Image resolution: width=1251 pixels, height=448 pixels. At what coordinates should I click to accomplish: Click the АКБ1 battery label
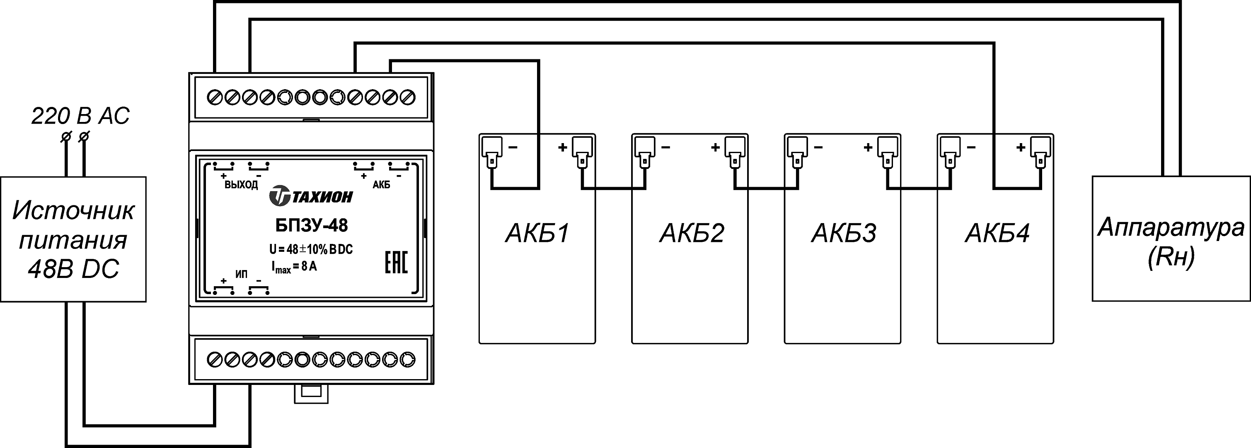point(537,233)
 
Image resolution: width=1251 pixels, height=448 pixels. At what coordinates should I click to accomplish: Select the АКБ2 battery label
point(692,233)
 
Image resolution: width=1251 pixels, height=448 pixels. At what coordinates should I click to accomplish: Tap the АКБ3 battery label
point(844,233)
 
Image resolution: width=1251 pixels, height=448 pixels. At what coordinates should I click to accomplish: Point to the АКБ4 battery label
point(997,233)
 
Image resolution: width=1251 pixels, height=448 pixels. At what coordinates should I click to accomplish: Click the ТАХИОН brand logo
point(311,196)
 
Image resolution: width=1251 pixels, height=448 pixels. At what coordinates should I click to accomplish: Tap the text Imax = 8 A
point(294,267)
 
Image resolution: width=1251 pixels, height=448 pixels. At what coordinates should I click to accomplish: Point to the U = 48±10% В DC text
point(311,249)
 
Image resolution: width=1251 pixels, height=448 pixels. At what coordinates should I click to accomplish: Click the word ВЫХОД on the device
point(241,185)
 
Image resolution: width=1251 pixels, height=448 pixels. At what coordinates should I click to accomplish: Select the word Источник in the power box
point(73,210)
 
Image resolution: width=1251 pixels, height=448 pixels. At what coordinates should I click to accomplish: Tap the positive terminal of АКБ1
point(582,151)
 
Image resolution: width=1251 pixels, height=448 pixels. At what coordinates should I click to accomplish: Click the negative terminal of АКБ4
point(950,151)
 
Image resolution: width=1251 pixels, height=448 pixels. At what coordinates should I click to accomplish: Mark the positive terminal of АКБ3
point(888,151)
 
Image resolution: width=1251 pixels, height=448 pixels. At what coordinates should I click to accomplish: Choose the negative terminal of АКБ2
point(644,151)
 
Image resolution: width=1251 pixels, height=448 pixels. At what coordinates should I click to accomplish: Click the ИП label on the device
point(241,275)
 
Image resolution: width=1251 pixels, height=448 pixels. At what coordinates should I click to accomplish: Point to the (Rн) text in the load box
point(1171,256)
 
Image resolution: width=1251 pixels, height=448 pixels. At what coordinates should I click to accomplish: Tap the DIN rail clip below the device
point(311,393)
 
